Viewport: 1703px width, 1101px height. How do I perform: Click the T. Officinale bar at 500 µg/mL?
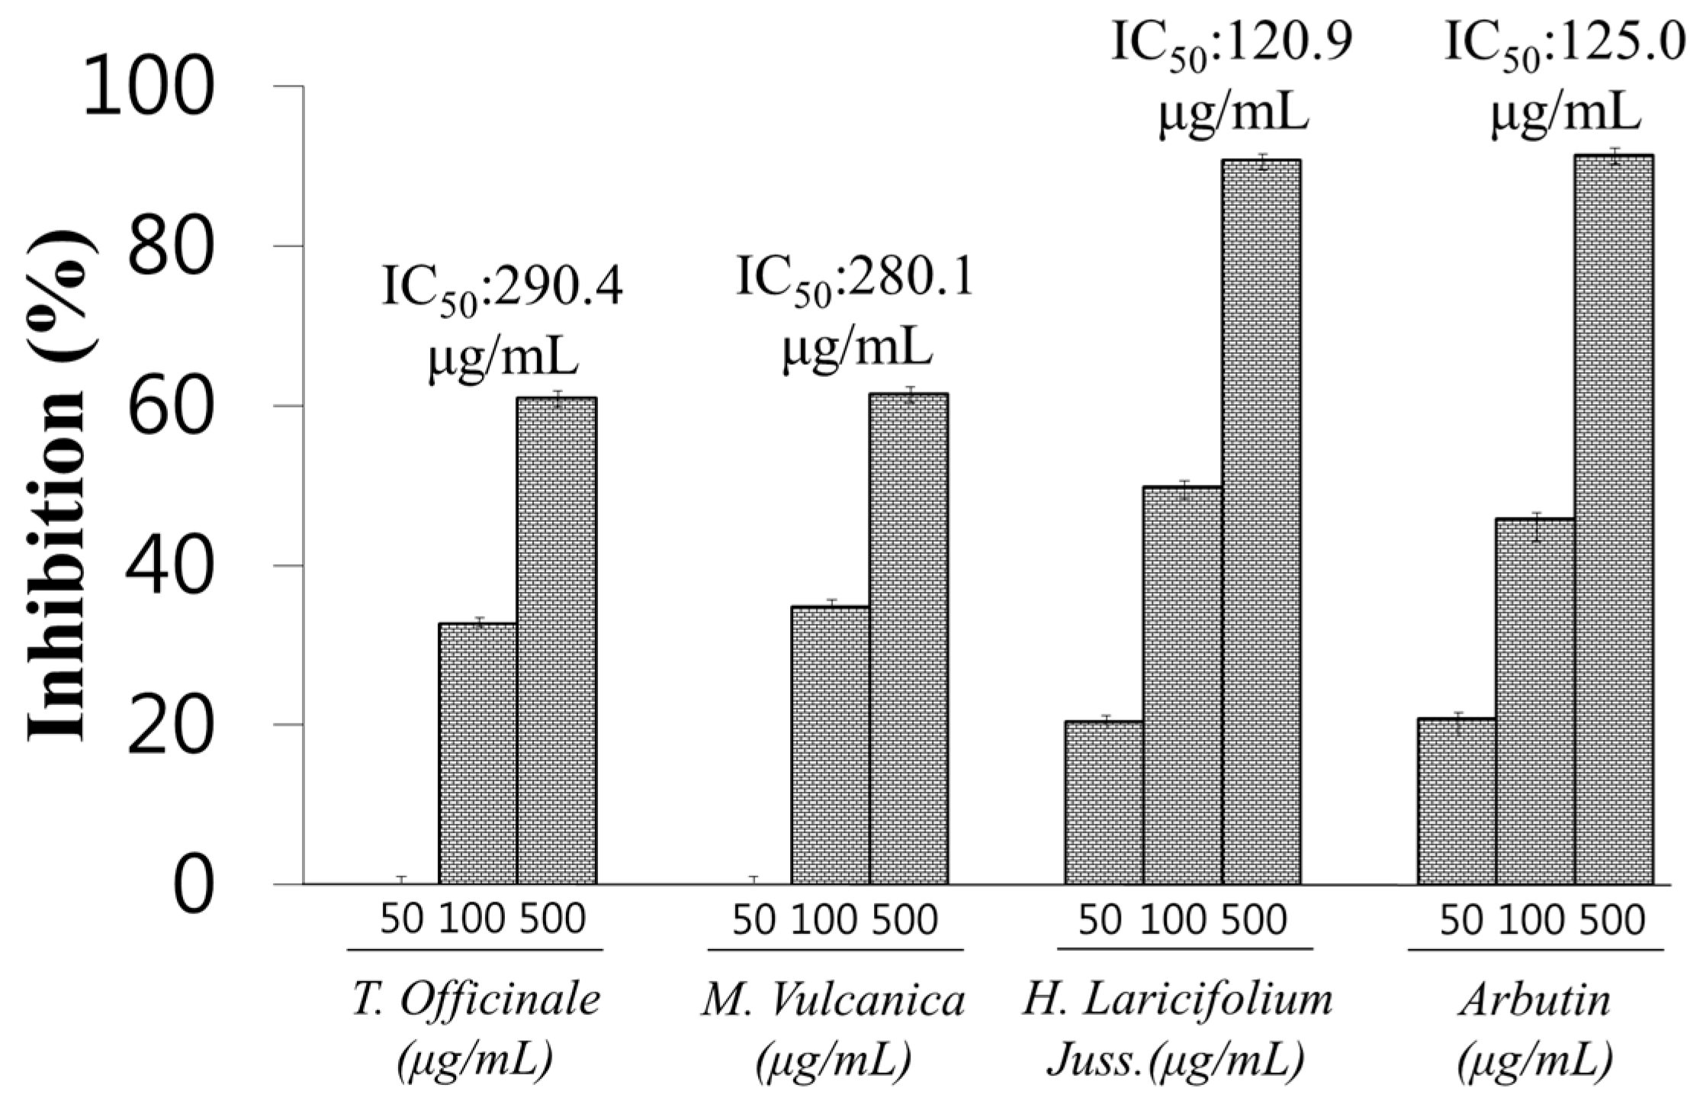click(557, 641)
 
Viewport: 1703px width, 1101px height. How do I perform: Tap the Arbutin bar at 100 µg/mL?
click(1534, 701)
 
